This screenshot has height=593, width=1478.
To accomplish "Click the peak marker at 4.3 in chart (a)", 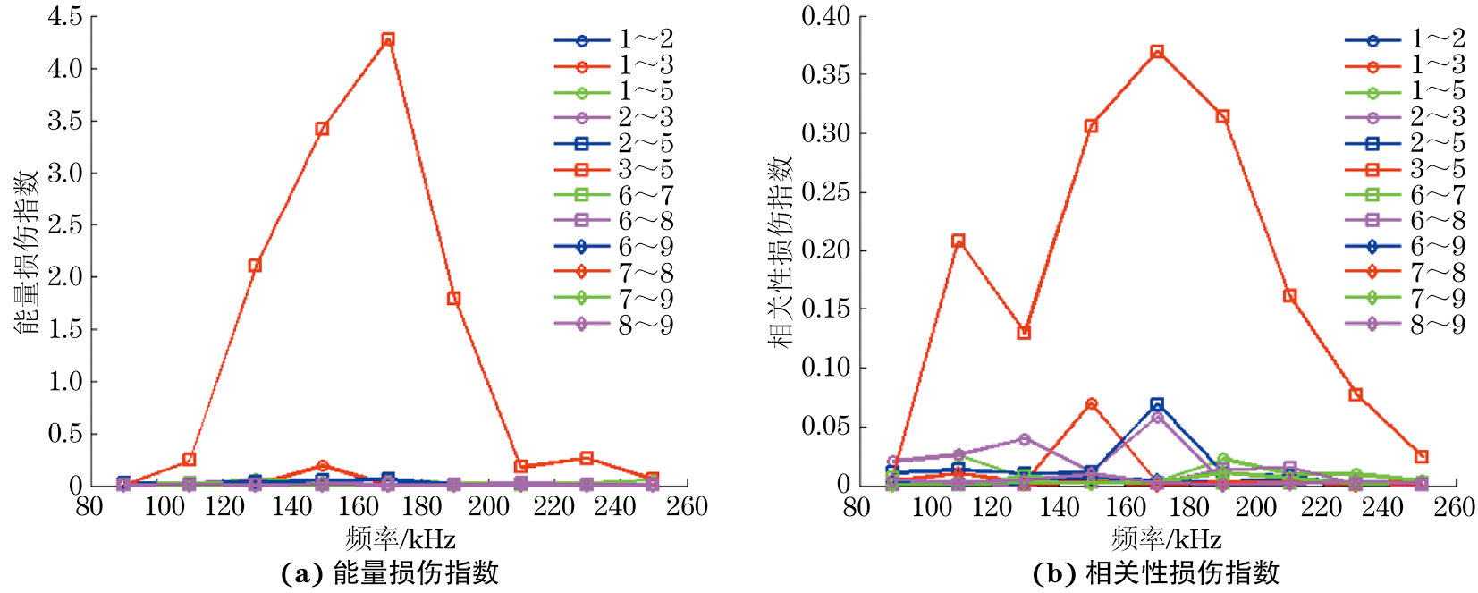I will [387, 39].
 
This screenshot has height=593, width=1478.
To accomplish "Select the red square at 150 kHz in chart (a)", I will [322, 129].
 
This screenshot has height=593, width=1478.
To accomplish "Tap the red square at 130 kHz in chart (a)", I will [255, 265].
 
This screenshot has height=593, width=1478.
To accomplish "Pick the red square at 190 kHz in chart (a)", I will [453, 298].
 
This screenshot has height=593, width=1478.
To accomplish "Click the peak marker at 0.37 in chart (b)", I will [1157, 52].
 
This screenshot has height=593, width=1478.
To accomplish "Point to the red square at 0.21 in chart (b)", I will [959, 241].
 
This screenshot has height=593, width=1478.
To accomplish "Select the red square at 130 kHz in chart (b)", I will [1025, 333].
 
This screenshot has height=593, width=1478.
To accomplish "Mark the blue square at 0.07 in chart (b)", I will [1157, 404].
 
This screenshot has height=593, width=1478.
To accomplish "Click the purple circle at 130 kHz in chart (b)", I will [1025, 439].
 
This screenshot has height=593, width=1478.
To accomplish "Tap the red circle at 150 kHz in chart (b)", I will [1091, 404].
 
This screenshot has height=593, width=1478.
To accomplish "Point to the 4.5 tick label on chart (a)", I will [64, 16].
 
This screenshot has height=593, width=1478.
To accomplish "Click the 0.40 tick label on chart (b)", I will [825, 16].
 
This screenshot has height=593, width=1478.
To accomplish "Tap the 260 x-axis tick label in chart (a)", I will [687, 507].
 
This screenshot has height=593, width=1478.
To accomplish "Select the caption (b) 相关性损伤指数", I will [1155, 573].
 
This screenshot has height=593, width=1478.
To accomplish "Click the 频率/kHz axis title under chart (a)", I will [400, 539].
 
